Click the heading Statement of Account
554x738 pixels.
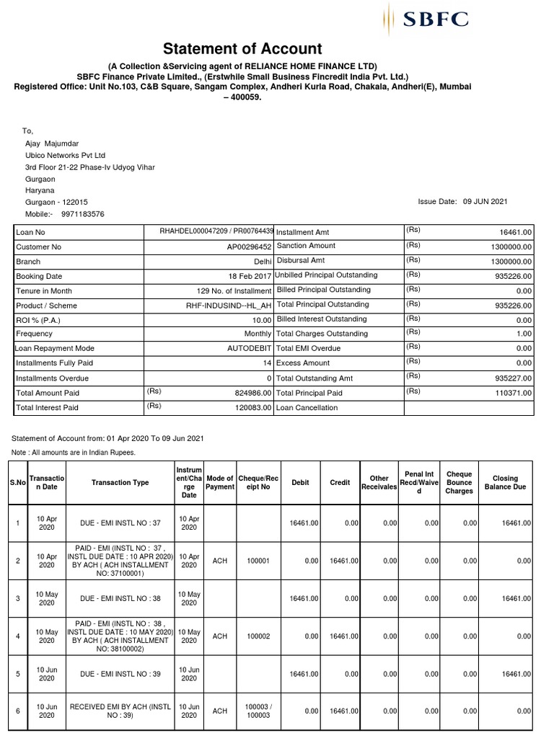pyautogui.click(x=242, y=49)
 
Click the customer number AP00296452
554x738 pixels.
pyautogui.click(x=249, y=246)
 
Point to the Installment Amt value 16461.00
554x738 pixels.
pyautogui.click(x=516, y=232)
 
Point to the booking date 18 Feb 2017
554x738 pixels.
pyautogui.click(x=250, y=276)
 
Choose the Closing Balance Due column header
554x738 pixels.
pyautogui.click(x=505, y=482)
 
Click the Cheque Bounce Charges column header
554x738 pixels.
pyautogui.click(x=460, y=482)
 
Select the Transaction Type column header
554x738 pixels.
pyautogui.click(x=120, y=483)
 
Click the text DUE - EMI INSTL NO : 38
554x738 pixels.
pyautogui.click(x=120, y=599)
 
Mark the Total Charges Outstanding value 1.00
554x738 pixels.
pyautogui.click(x=524, y=334)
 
